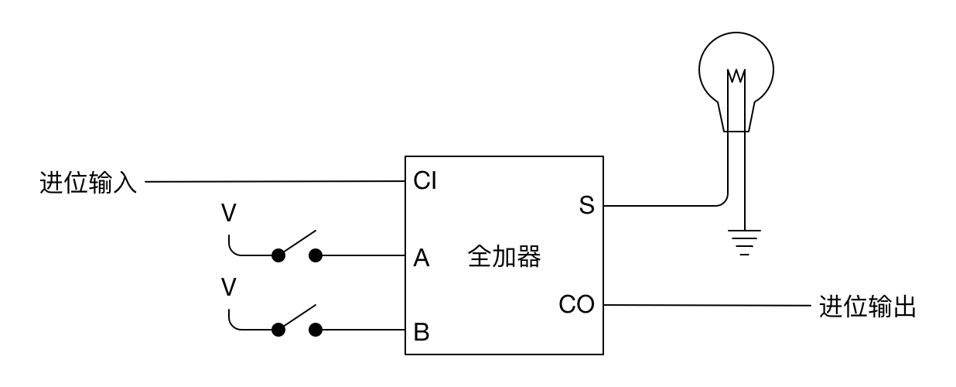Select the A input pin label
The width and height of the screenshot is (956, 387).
tap(422, 258)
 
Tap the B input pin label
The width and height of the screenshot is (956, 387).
tap(422, 333)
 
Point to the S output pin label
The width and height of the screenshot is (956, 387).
tap(586, 207)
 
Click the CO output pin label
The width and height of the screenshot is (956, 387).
tap(577, 305)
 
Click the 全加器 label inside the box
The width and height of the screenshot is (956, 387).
tap(504, 257)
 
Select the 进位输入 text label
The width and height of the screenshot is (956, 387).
tap(88, 183)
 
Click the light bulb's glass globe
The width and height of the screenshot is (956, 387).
tap(736, 63)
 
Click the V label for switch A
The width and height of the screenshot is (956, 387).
tap(228, 214)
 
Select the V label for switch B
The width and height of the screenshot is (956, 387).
tap(228, 288)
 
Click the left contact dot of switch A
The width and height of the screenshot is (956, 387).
tap(278, 255)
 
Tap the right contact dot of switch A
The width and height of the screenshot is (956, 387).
tap(316, 255)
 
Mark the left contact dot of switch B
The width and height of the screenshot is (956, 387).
tap(278, 330)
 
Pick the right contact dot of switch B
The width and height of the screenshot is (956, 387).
tap(316, 330)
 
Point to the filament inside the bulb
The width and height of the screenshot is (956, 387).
tap(736, 77)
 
